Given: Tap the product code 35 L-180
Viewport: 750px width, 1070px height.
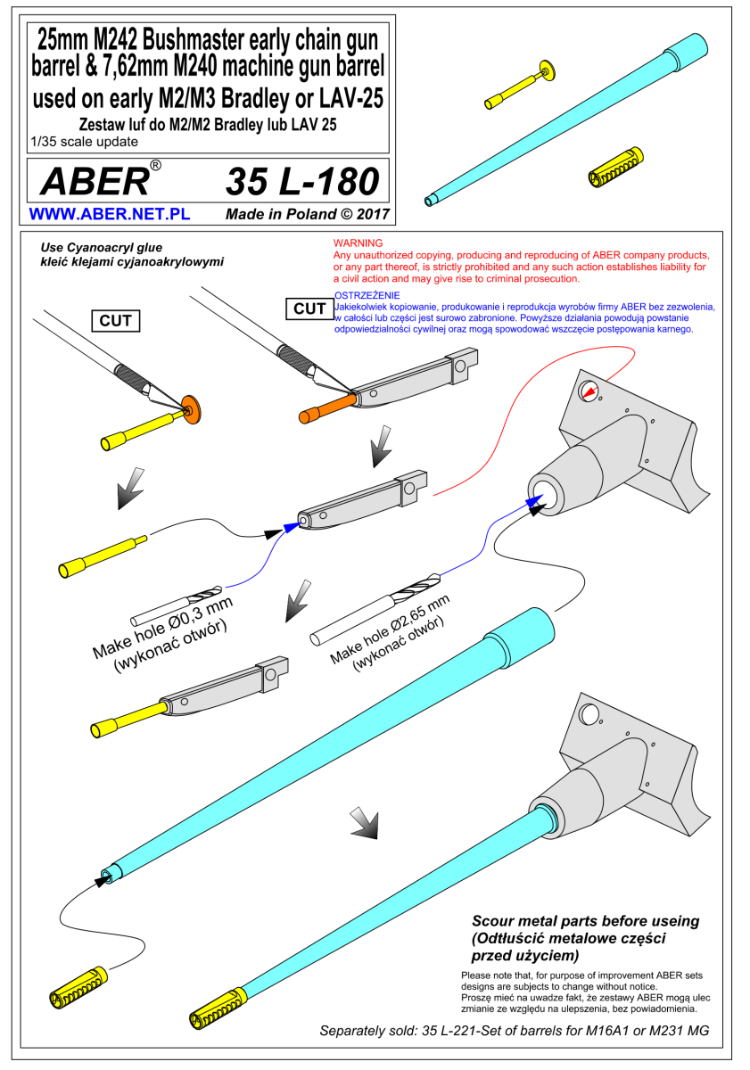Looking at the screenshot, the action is click(302, 182).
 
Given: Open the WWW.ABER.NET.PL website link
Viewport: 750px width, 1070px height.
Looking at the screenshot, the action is click(110, 213).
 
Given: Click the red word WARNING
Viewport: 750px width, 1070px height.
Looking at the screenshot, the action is click(358, 243).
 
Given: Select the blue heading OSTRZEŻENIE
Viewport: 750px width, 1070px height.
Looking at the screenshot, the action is click(367, 295).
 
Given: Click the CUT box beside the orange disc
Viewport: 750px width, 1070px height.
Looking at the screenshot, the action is click(116, 320).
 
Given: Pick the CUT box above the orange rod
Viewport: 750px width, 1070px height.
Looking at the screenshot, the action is click(309, 309).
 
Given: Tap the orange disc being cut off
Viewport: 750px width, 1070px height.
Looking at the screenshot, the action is click(192, 409).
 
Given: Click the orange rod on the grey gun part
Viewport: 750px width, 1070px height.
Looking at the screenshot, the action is click(327, 408).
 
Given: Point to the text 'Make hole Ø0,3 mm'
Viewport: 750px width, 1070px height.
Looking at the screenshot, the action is click(162, 626).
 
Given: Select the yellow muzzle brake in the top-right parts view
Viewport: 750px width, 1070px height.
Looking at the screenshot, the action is click(615, 167).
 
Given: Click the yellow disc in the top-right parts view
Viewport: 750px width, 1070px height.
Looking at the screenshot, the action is click(548, 70).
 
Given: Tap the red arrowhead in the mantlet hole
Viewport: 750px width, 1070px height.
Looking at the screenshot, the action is click(590, 391).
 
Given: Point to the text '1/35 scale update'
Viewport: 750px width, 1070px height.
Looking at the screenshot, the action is click(84, 142).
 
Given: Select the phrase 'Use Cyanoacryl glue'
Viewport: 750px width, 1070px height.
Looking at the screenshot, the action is click(102, 248).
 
